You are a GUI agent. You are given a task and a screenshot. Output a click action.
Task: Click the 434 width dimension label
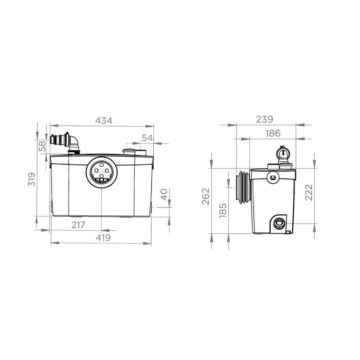click(x=104, y=121)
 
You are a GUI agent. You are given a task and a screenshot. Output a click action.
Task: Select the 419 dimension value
click(x=103, y=238)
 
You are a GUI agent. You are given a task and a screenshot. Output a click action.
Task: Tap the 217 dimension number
click(x=78, y=225)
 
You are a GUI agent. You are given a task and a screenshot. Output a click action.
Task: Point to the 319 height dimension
click(x=31, y=179)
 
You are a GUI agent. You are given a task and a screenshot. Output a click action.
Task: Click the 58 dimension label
click(x=42, y=146)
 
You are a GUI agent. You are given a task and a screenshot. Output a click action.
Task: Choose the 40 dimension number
click(x=164, y=195)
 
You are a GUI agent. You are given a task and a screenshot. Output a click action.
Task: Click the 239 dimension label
click(x=265, y=120)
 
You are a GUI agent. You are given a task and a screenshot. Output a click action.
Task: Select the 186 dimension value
click(x=273, y=133)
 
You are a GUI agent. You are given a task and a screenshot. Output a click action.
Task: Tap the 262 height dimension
click(x=206, y=196)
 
